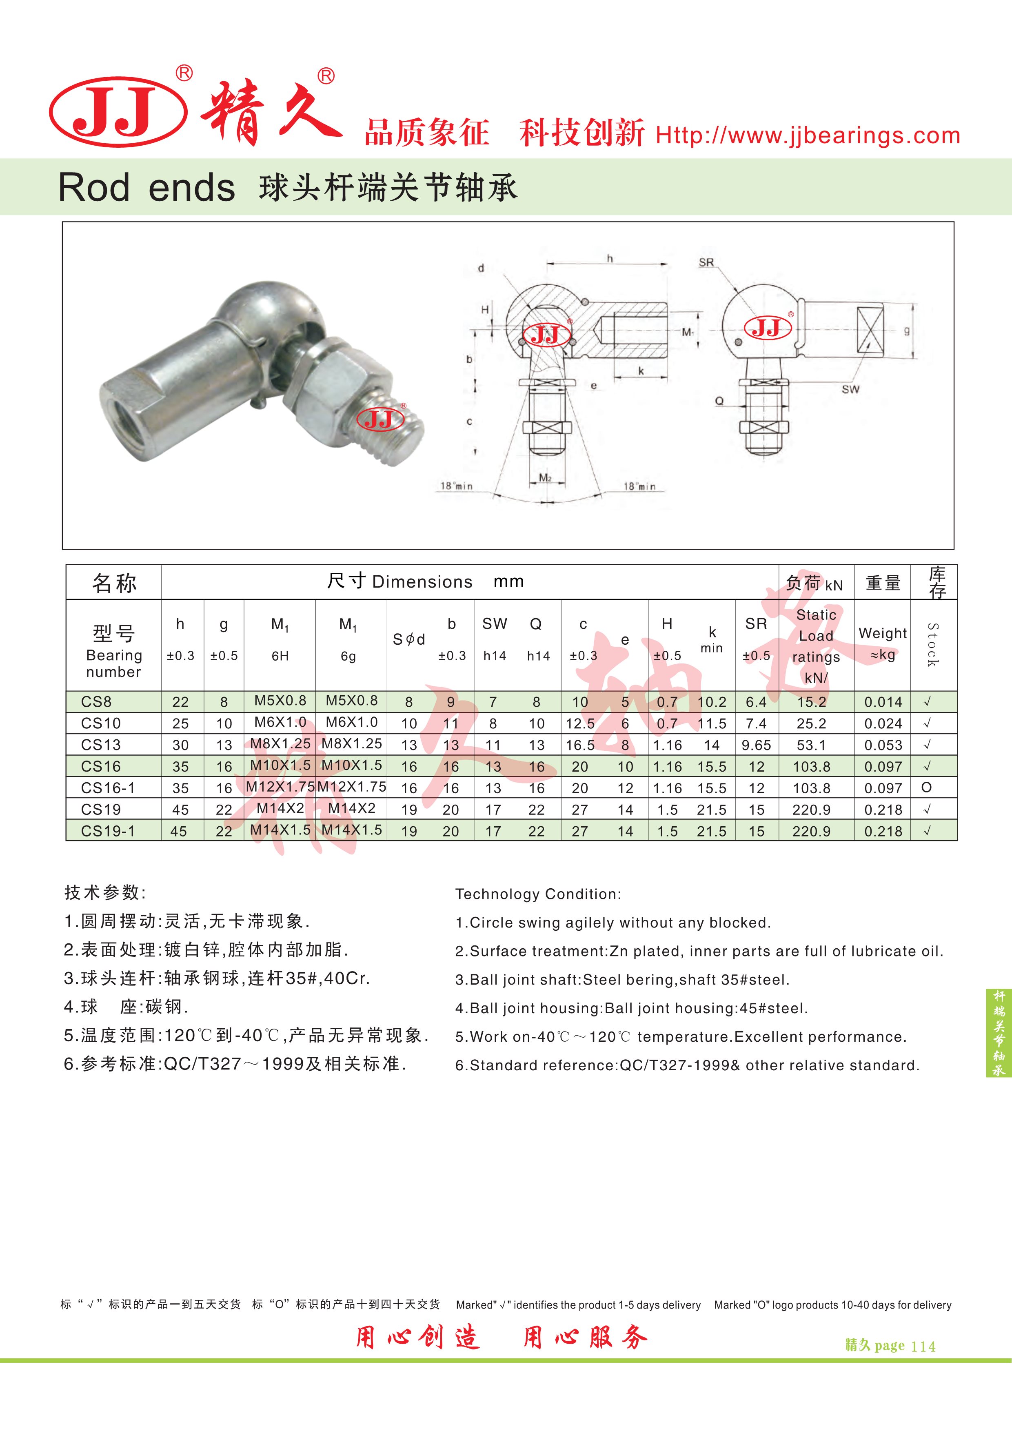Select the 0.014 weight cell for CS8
[x=883, y=702]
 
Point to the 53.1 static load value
[x=811, y=745]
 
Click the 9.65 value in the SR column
[x=756, y=745]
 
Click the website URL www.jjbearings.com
[x=808, y=135]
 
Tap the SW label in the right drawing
[x=850, y=390]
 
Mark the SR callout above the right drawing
[x=706, y=262]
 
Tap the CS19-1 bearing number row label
[x=108, y=831]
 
